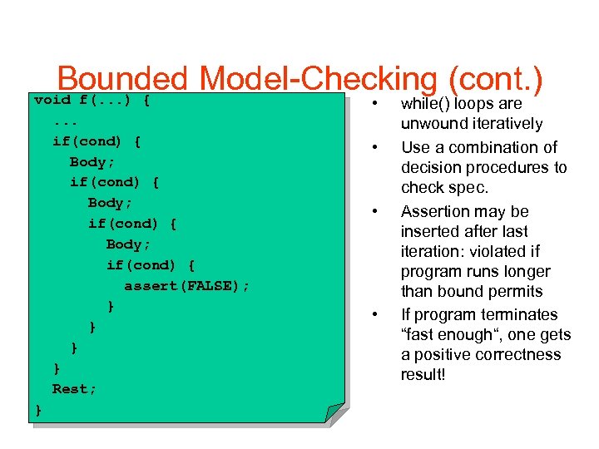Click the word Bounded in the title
123,79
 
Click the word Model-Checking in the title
318,79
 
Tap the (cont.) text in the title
495,79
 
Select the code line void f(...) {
92,101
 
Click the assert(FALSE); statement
186,286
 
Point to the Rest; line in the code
74,389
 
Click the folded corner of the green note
334,413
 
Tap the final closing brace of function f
38,409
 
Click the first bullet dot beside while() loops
376,105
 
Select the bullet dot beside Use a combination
376,148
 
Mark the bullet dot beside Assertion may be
376,211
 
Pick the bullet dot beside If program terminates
376,315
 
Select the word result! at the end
423,374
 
